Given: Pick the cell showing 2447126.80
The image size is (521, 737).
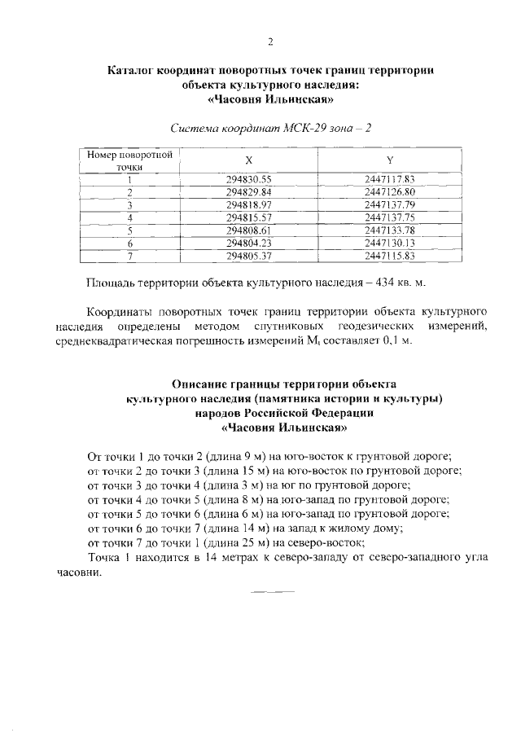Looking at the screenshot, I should tap(390, 191).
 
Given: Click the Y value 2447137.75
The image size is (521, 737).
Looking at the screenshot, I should tap(390, 217).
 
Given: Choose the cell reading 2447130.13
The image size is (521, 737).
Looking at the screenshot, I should tap(390, 243).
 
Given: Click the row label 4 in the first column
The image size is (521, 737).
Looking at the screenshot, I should tap(129, 217).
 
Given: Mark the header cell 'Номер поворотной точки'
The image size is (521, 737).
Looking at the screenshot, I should tap(129, 160).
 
